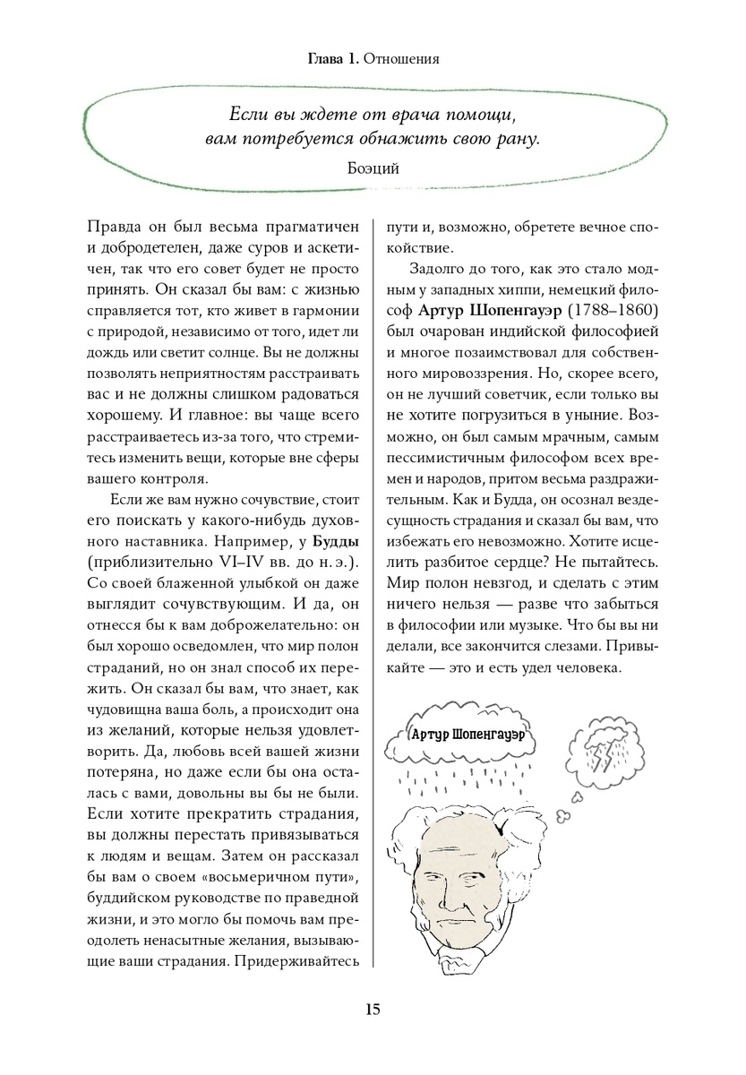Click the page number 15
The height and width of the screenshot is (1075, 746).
[x=373, y=1010]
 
